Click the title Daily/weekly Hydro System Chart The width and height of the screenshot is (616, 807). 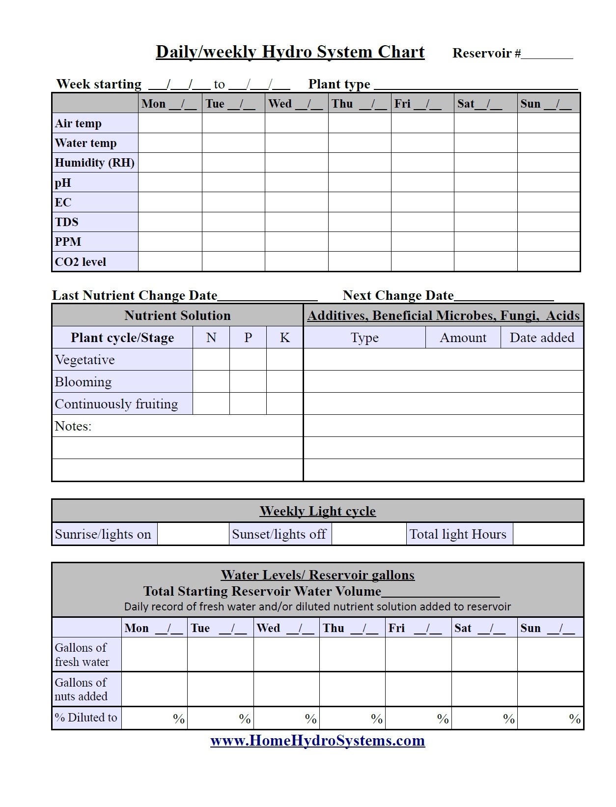(290, 52)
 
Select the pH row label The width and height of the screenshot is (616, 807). (63, 183)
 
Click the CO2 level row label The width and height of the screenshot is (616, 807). (80, 262)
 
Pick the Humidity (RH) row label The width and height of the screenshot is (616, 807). (94, 163)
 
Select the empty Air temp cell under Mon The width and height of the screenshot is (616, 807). (170, 123)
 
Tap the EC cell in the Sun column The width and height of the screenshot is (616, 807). (548, 202)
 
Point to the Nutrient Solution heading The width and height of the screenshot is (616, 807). (177, 316)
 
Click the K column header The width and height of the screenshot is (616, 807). (284, 338)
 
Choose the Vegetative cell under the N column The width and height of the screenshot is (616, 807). (211, 360)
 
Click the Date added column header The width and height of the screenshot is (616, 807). (542, 338)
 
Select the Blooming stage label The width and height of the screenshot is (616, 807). (84, 382)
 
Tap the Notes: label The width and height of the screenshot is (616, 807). (73, 426)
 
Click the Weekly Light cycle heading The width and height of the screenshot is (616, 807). (317, 511)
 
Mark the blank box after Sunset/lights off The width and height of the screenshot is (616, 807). (368, 534)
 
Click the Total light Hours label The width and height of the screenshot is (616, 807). (458, 534)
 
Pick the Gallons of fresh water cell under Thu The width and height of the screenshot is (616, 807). (352, 655)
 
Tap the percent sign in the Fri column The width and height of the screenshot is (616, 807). (443, 719)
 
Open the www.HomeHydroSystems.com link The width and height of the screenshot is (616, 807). (317, 741)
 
